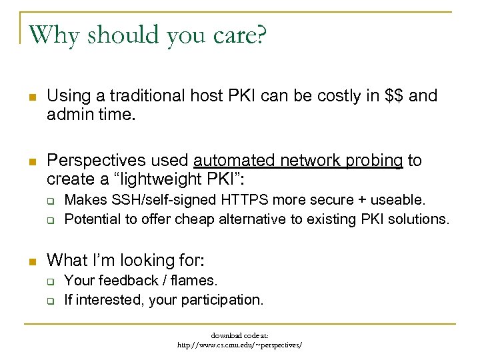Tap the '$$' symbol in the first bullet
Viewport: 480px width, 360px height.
tap(395, 96)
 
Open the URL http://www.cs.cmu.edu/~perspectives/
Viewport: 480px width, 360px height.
tap(239, 345)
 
